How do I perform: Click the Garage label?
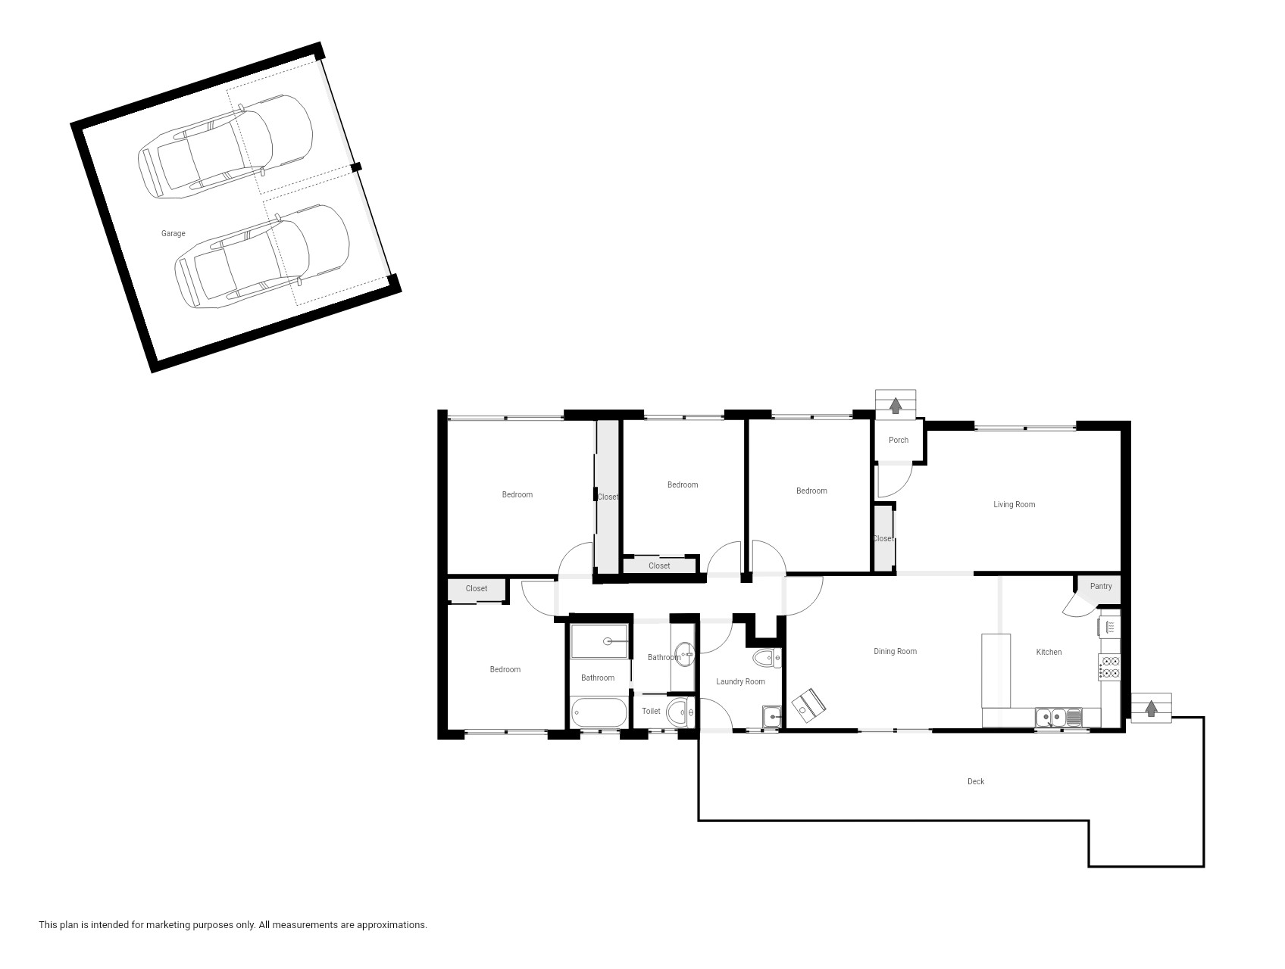point(173,233)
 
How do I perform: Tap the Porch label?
point(898,440)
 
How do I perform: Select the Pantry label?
point(1101,586)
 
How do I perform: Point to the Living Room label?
point(1014,504)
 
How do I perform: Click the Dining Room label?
point(895,651)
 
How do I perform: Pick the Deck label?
point(976,781)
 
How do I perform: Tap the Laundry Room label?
point(740,681)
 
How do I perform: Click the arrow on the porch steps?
point(896,405)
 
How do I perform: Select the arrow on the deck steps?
point(1151,709)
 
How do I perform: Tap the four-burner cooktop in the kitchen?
point(1110,666)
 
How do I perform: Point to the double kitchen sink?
point(1058,717)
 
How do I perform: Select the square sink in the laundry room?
point(771,716)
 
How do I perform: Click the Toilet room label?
point(651,711)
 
